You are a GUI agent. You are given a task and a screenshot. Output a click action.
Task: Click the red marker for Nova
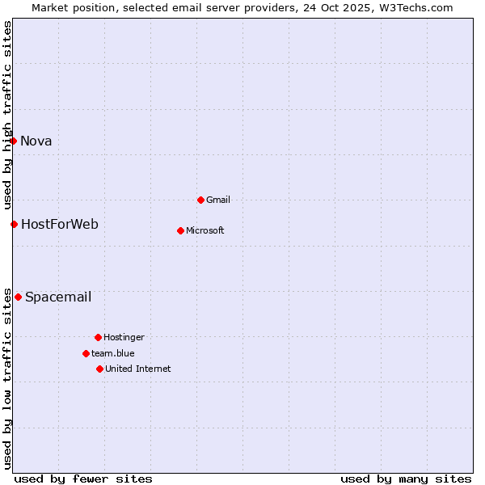click(13, 141)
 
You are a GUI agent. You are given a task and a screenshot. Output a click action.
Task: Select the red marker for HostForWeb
click(14, 224)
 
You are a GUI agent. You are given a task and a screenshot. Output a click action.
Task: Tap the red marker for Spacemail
click(18, 297)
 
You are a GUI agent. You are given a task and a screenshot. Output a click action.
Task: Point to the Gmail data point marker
click(200, 200)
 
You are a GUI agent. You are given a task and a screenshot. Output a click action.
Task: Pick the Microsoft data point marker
click(180, 230)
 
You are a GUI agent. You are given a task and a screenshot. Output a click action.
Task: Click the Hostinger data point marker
click(98, 337)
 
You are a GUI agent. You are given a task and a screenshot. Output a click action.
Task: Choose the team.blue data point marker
click(86, 353)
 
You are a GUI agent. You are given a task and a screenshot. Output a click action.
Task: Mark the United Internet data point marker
click(99, 369)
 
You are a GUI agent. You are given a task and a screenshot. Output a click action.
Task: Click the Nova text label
click(36, 141)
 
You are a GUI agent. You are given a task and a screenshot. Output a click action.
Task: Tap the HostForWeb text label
click(60, 224)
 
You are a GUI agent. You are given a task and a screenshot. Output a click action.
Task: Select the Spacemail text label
click(58, 297)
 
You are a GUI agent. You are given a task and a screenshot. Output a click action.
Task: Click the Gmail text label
click(218, 200)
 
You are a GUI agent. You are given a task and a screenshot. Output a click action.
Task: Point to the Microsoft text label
click(205, 230)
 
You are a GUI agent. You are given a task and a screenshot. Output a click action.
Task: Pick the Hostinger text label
click(124, 337)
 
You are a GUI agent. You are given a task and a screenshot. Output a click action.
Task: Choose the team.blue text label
click(113, 353)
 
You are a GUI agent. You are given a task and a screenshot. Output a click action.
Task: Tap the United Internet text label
click(138, 369)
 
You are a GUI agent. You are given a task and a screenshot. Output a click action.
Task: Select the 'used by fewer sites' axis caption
click(83, 479)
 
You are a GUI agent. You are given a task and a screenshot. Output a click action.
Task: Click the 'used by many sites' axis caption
click(406, 479)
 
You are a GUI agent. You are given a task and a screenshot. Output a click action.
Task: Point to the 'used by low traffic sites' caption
click(7, 377)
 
